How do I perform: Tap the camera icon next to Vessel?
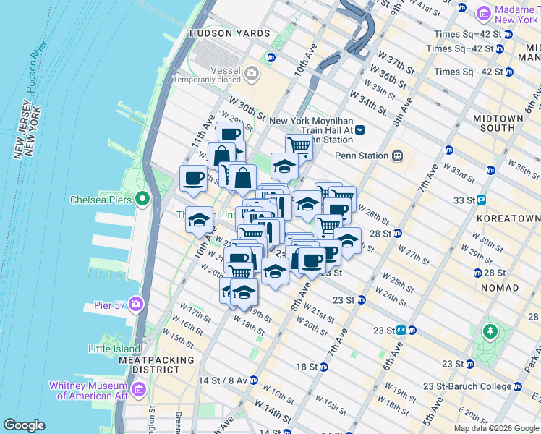tap(252, 72)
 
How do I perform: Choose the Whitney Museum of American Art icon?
tap(139, 391)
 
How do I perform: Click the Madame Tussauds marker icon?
tap(483, 13)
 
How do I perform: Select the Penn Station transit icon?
tap(397, 156)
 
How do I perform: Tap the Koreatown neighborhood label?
tap(508, 218)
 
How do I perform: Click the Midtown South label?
tap(498, 123)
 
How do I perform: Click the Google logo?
tap(24, 425)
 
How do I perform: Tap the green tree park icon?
tap(490, 332)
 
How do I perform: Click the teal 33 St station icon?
tap(481, 200)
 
